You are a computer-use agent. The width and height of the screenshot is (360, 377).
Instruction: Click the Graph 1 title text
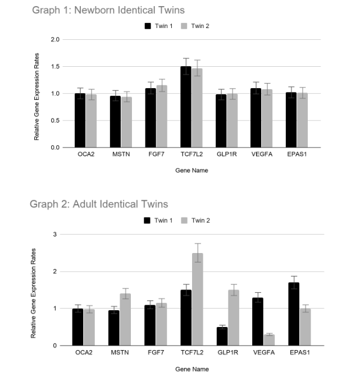[x=108, y=10]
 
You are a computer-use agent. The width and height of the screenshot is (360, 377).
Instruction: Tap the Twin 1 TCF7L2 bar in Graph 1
[x=185, y=107]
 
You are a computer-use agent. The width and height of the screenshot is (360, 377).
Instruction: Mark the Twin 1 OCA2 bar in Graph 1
[x=80, y=120]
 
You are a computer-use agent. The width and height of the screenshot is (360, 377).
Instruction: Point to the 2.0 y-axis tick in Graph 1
[x=54, y=40]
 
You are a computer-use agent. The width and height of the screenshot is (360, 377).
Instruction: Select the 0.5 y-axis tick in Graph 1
[x=54, y=121]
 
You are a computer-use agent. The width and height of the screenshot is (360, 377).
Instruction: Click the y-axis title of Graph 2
[x=34, y=291]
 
